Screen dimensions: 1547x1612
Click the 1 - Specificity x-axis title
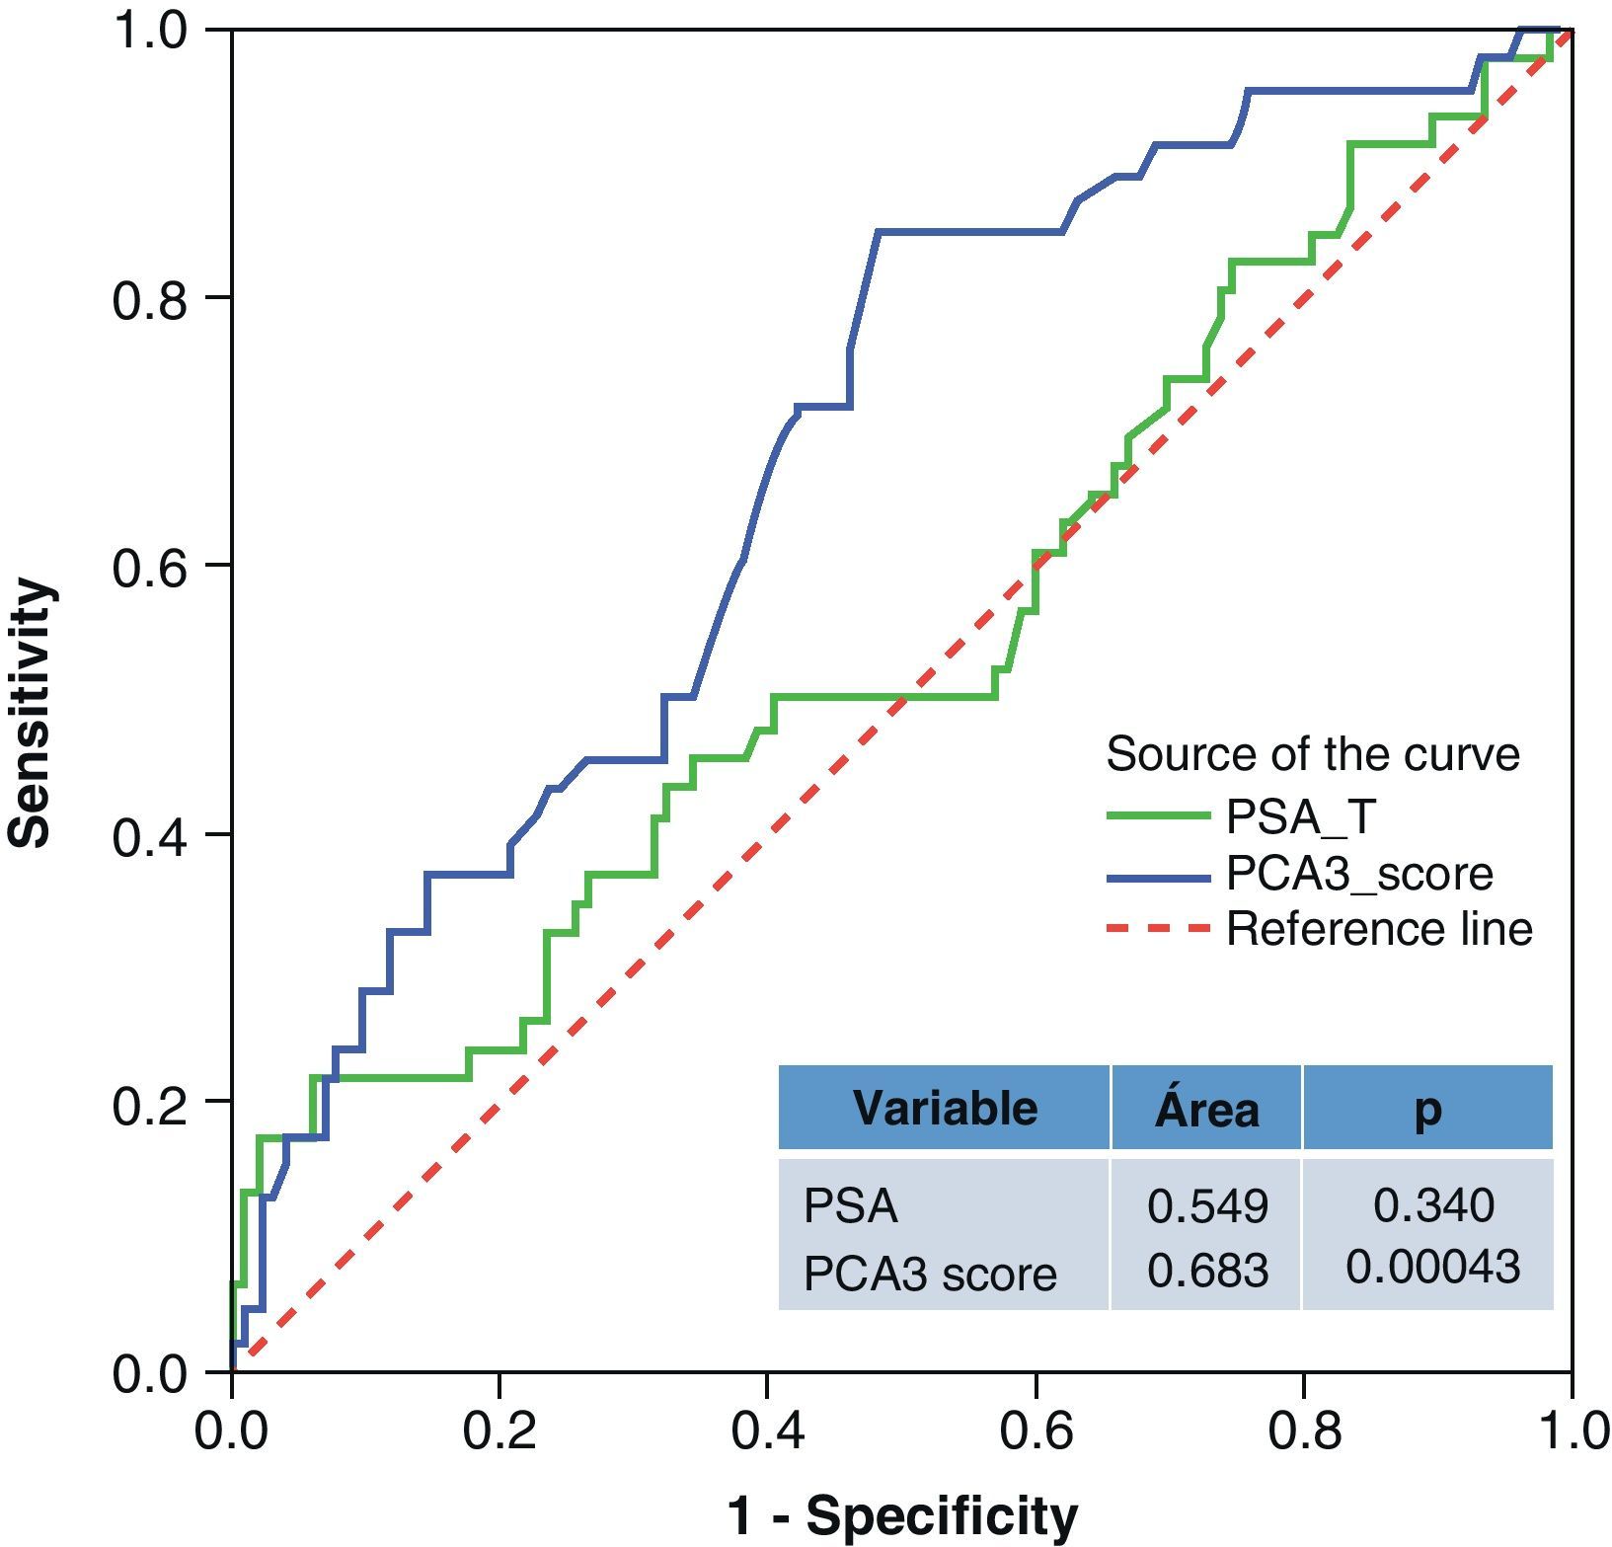tap(902, 1515)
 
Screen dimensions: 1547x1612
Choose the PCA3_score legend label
tap(1359, 874)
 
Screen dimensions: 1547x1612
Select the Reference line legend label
tap(1379, 929)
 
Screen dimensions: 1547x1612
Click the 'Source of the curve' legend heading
tap(1313, 755)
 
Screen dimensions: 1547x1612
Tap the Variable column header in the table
tap(945, 1108)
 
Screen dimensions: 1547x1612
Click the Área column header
tap(1207, 1108)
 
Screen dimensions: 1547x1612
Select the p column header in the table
tap(1427, 1110)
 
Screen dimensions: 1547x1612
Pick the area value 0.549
tap(1207, 1205)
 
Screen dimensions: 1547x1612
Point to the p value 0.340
tap(1433, 1204)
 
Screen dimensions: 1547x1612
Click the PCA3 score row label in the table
tap(930, 1274)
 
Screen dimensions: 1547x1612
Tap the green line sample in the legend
tap(1157, 816)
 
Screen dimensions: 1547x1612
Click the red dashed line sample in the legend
tap(1157, 929)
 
